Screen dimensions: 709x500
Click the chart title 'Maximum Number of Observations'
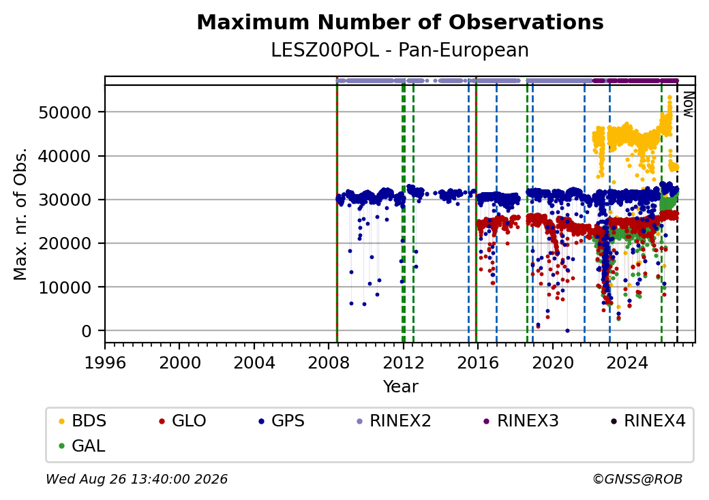400,22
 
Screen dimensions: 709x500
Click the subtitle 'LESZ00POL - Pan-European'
399,50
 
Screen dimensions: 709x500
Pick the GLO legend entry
183,421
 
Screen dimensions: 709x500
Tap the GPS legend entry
282,421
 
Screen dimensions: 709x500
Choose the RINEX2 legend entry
394,421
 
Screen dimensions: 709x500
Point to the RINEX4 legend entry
648,421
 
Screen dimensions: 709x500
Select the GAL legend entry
82,446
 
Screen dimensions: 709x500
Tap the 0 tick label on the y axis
87,331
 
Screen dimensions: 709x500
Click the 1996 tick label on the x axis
105,362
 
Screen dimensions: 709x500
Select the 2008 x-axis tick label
329,362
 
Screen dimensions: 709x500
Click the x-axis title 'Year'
401,387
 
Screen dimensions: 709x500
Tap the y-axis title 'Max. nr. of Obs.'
20,214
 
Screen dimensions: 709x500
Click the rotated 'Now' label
688,104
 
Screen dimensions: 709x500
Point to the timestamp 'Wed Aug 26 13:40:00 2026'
137,479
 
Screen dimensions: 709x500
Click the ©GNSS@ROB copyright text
637,479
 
